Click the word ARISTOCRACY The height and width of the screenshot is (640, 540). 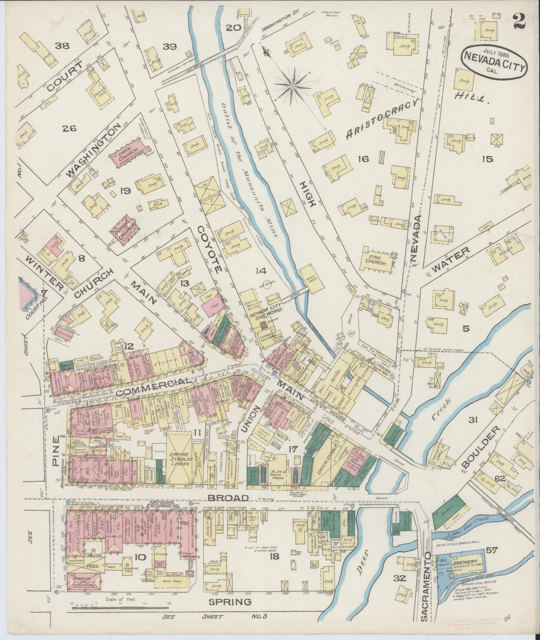pos(383,121)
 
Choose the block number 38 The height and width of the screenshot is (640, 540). pos(62,46)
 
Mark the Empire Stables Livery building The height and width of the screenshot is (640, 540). pos(180,458)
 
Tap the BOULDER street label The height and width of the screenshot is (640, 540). pos(480,447)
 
